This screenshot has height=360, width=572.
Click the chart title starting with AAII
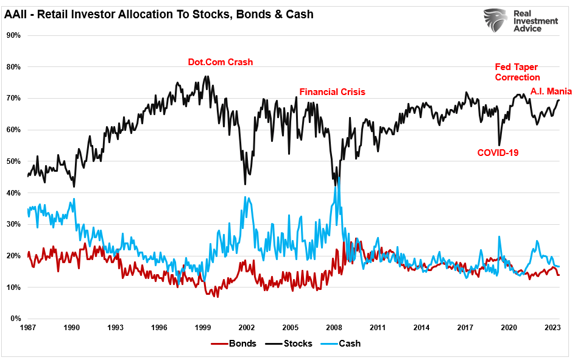(159, 13)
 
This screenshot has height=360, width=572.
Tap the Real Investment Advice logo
(519, 21)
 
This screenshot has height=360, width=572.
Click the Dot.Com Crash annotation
(219, 62)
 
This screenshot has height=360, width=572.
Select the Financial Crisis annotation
(332, 92)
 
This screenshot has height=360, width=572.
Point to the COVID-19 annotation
(498, 152)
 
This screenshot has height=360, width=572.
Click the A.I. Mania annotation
(551, 91)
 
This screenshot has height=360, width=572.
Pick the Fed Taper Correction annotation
(517, 72)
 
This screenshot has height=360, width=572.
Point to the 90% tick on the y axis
(13, 35)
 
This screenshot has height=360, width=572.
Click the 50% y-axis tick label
(13, 161)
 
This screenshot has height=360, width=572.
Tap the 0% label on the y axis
(15, 319)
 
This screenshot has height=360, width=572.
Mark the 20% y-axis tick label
(13, 256)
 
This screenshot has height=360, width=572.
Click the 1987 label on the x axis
(28, 328)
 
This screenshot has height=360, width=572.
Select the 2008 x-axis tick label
(334, 328)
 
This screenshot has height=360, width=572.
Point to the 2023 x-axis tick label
(552, 328)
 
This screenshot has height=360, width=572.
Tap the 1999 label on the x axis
(203, 328)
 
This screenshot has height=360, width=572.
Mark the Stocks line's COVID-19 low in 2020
(499, 145)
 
